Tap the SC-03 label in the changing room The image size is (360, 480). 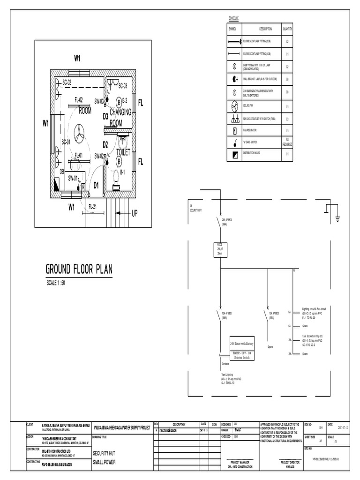point(123,86)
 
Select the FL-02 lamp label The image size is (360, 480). point(78,100)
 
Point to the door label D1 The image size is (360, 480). point(96,185)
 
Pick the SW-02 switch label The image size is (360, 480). point(99,156)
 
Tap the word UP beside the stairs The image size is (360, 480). point(135,213)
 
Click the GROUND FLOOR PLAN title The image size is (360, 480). point(79,270)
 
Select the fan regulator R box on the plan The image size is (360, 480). point(83,186)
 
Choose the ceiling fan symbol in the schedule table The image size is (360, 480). point(234,106)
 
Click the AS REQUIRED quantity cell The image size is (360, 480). point(287,142)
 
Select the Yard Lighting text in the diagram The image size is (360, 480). point(227,375)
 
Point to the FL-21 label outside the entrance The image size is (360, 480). point(93,206)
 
